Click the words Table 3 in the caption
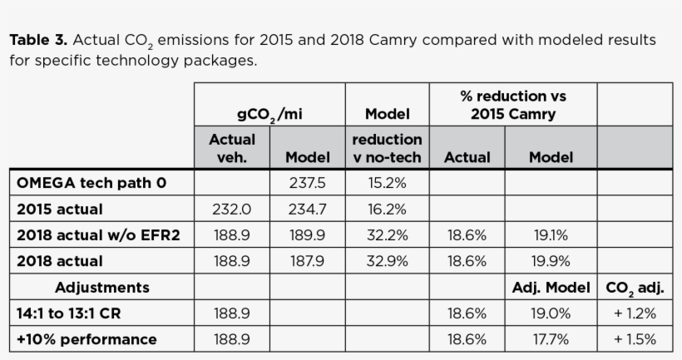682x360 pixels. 37,40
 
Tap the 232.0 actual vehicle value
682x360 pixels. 231,210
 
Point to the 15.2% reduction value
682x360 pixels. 387,183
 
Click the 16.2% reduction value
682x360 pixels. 387,210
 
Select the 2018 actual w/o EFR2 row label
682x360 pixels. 98,235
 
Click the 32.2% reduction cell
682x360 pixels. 387,235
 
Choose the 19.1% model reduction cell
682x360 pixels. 550,235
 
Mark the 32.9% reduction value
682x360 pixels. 387,261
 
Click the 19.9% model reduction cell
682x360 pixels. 550,261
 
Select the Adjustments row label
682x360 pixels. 102,288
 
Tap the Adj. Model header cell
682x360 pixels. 550,288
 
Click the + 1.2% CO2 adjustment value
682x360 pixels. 635,313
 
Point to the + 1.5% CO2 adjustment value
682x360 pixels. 635,339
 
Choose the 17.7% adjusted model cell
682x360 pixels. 550,339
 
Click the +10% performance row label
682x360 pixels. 86,339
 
